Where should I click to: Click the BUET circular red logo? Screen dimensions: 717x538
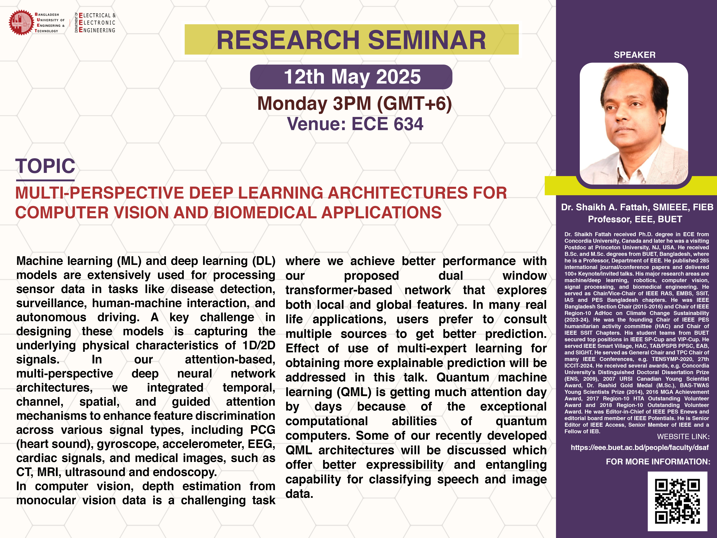(21, 22)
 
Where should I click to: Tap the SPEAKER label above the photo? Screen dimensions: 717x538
(634, 55)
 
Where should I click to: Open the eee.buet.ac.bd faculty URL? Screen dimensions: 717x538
(640, 448)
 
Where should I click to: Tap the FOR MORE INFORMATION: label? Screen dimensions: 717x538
(658, 461)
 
